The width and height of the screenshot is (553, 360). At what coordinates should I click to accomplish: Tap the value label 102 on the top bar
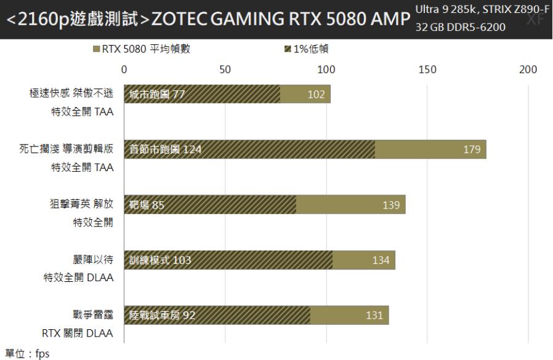click(316, 94)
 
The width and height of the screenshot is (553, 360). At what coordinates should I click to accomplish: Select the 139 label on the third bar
click(391, 205)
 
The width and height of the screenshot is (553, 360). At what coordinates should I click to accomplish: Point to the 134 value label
click(381, 260)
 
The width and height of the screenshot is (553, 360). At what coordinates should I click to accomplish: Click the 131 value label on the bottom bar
click(373, 316)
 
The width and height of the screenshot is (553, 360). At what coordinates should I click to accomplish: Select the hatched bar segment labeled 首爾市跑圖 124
click(249, 150)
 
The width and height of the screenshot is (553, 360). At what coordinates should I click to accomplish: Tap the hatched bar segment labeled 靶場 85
click(210, 205)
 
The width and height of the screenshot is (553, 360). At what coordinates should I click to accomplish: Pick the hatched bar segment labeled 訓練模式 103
click(228, 260)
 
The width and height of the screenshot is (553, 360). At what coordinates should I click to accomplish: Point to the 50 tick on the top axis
click(225, 70)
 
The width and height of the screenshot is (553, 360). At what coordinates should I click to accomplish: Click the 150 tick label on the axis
click(427, 70)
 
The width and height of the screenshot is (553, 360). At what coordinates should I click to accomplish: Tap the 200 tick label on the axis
click(528, 70)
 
